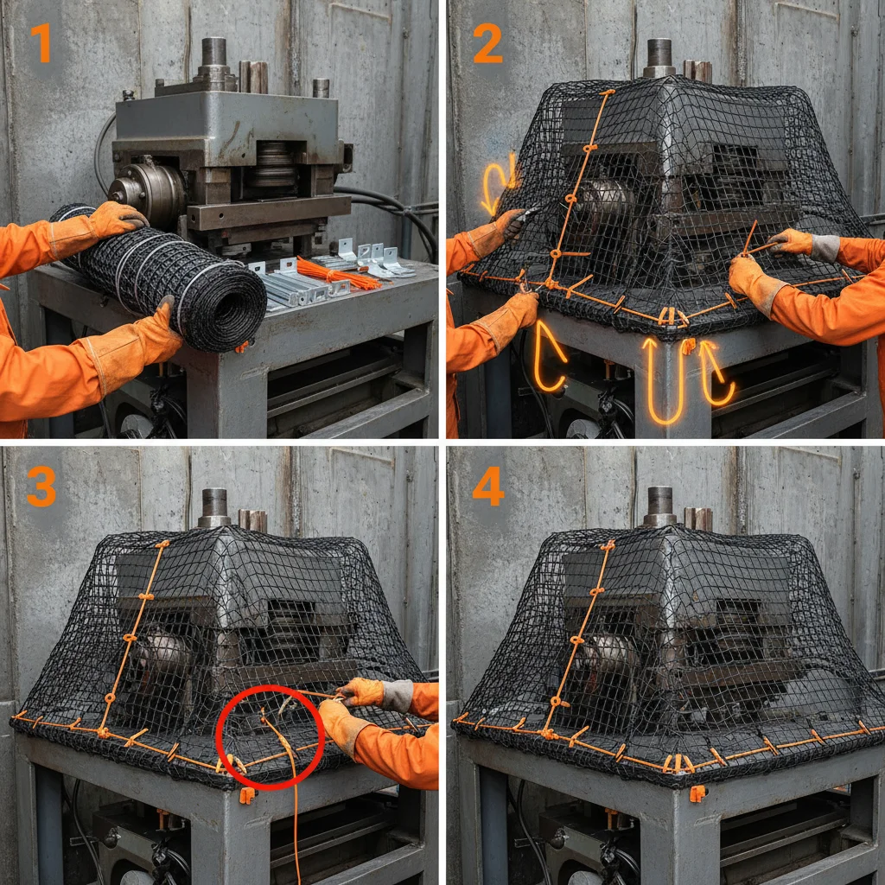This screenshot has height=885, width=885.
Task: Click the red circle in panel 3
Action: point(269,736)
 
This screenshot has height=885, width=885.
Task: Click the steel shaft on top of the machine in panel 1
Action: point(213,54)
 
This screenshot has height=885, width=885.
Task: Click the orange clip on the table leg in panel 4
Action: point(697,793)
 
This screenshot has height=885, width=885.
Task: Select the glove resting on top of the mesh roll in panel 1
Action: point(117,218)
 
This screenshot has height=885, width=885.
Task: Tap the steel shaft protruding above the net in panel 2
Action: point(659,55)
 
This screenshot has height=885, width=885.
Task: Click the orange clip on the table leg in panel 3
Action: point(247,794)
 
